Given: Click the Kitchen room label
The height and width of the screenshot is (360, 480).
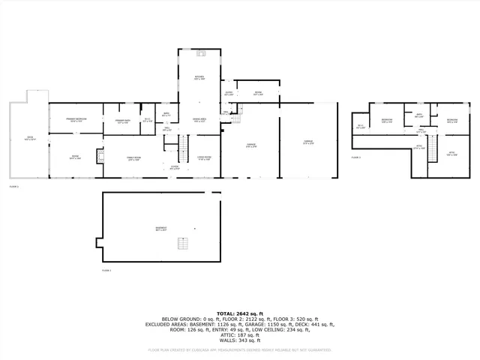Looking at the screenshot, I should [x=199, y=77].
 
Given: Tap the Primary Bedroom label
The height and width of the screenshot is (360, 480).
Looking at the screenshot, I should [x=75, y=119].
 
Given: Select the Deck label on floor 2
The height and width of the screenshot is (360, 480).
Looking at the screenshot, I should [x=29, y=139].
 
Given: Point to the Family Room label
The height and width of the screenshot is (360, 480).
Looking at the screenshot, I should [x=133, y=158].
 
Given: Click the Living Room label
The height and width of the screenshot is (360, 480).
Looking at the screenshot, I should [x=204, y=157].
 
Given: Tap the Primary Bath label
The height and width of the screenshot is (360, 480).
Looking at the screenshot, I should [x=122, y=121].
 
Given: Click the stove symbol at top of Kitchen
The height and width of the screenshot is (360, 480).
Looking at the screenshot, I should [x=200, y=54].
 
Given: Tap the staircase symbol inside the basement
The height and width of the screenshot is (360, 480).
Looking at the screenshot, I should [x=181, y=242].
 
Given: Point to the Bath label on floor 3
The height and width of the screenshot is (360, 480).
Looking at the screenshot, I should [x=419, y=115].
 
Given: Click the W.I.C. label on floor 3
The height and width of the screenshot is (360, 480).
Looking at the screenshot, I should [x=361, y=125].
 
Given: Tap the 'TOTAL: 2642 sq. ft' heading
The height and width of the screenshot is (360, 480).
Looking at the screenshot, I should [x=240, y=313].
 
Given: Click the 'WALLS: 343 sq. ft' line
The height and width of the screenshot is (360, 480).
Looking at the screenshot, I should [x=240, y=340].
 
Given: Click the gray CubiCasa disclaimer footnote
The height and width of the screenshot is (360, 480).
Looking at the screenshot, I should [x=240, y=349].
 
